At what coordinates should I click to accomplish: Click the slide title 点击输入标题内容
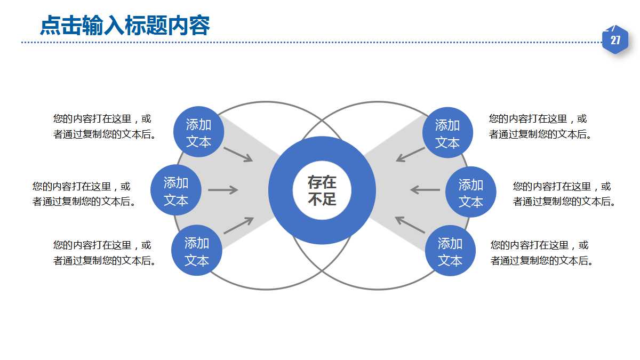point(125,26)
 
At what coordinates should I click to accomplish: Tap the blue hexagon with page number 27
point(615,39)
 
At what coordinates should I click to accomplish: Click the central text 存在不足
point(322,190)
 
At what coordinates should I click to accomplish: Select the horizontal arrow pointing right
point(223,190)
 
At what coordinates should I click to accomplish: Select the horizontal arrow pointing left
point(425,190)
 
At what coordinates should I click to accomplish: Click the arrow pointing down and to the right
point(238,154)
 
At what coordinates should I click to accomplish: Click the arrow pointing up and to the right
point(238,226)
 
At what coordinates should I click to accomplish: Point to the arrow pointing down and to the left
point(410,154)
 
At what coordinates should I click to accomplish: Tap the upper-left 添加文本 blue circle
point(198,132)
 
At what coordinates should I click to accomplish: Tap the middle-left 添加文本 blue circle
point(176,191)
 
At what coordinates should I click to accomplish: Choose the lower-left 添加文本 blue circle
point(197,251)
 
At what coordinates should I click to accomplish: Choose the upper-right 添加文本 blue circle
point(447,133)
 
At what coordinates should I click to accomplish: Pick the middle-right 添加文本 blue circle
point(470,192)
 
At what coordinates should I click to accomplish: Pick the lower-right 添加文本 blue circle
point(450,251)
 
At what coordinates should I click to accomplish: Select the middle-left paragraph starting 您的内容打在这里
point(84,194)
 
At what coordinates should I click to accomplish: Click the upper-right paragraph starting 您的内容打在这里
point(540,127)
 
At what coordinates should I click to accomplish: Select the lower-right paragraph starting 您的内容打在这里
point(542,253)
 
